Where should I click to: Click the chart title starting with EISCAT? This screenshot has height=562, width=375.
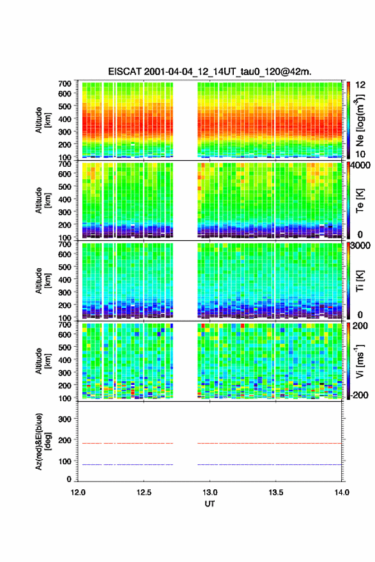point(210,72)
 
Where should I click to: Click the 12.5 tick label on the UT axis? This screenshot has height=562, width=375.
point(144,492)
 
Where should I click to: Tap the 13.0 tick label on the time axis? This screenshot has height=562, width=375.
point(210,492)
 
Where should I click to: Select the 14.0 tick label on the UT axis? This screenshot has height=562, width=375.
point(342,492)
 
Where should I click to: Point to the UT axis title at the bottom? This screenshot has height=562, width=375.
point(210,504)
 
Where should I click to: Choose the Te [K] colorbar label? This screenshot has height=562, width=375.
point(360,201)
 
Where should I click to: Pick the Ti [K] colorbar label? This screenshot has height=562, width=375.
point(360,280)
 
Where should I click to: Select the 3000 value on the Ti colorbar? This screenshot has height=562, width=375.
point(360,245)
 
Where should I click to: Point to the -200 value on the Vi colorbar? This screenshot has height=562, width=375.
point(359,395)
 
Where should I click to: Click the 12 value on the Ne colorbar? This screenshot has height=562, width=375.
point(360,85)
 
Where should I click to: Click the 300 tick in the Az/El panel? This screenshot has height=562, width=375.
point(65,419)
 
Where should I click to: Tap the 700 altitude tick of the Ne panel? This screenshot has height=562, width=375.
point(65,84)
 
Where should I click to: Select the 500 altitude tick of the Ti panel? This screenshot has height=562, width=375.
point(65,267)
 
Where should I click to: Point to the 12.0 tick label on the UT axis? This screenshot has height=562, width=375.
point(78,492)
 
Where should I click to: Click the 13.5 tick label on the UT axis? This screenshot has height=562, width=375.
point(276,492)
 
